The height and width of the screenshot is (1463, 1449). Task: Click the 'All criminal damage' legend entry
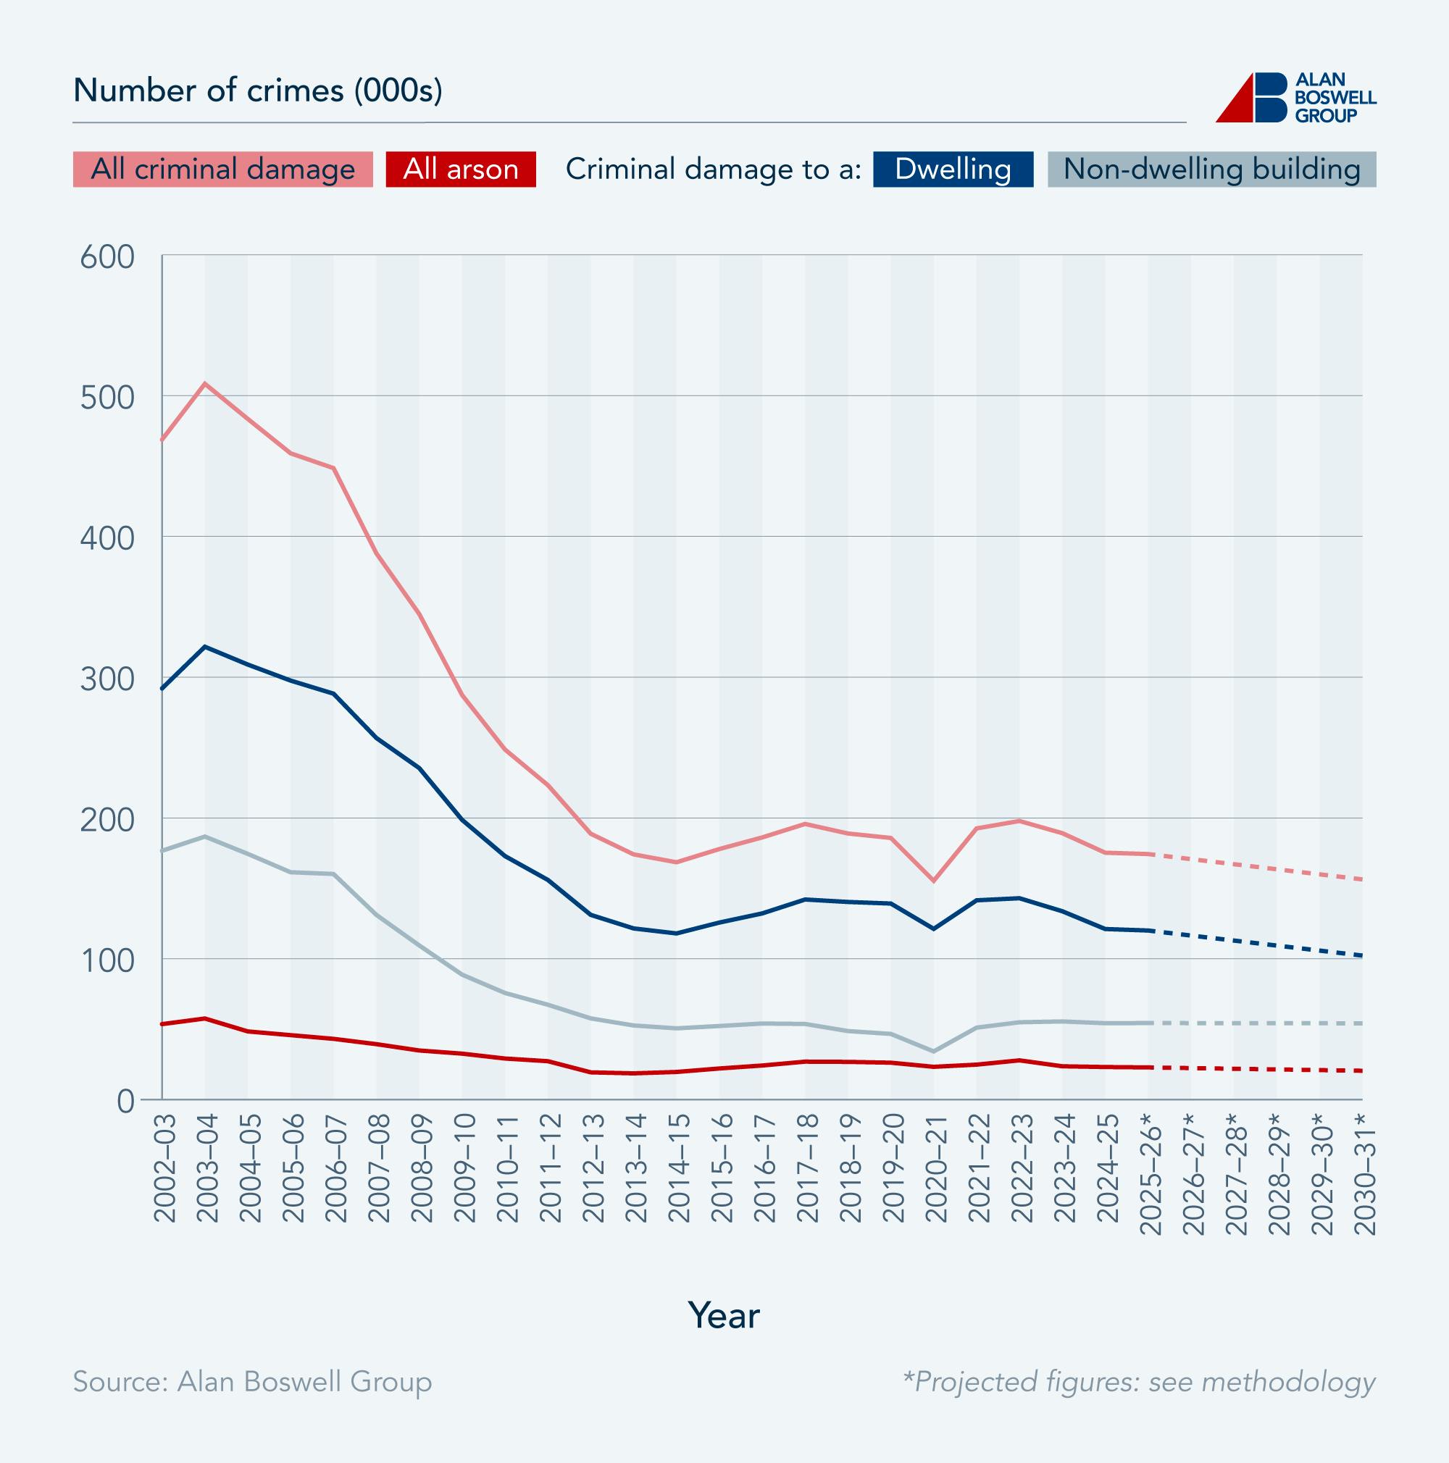(222, 169)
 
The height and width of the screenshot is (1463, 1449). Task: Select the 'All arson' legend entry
(461, 169)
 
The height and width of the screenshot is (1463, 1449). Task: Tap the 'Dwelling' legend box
(953, 169)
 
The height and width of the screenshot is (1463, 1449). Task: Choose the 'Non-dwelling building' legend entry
(1211, 169)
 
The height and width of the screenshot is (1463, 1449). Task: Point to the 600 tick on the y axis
(107, 256)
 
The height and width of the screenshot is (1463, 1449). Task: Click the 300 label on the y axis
(107, 679)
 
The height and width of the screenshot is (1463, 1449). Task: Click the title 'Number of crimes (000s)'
(257, 91)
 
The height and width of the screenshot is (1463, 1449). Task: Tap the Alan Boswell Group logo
(1295, 98)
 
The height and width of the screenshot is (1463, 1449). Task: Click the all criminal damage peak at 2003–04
(205, 383)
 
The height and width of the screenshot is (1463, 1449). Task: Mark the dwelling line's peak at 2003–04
(205, 646)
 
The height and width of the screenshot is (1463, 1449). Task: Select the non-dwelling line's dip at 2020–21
(935, 1051)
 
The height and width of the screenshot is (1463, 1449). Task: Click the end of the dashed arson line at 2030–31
(1361, 1070)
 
